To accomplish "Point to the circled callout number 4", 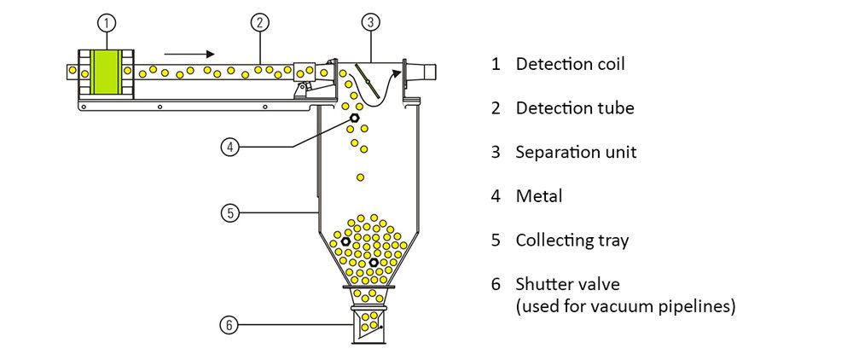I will [229, 147].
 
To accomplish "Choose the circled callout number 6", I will [229, 324].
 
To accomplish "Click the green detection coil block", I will [107, 72].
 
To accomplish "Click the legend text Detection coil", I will [564, 64].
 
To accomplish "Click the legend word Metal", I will [539, 196].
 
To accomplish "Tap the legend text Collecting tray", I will [572, 241].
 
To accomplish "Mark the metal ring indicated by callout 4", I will [354, 118].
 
